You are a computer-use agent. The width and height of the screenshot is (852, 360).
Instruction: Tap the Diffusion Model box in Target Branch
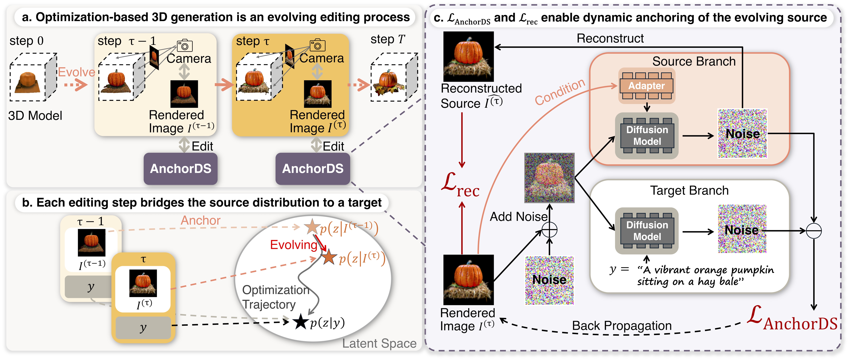pos(647,231)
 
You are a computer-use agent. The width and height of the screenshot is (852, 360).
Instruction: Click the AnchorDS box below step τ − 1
pos(181,169)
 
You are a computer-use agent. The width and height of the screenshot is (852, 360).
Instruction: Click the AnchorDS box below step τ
pos(313,169)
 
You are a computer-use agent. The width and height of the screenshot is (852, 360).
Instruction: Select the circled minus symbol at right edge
pos(814,231)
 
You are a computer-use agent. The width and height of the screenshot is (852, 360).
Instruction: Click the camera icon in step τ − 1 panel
pos(185,46)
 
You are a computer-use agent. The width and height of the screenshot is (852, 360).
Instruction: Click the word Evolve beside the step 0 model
pos(76,72)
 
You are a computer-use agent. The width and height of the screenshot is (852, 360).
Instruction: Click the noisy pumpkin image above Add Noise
pos(549,178)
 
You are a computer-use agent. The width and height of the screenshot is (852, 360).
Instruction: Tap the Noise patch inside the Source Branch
pos(742,134)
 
